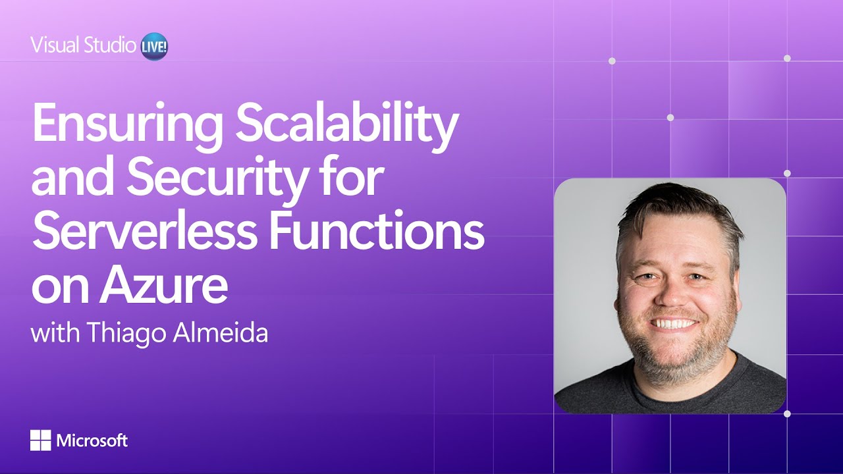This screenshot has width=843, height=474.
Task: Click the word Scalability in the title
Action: coord(346,126)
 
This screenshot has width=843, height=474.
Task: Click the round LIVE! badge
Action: coord(155,48)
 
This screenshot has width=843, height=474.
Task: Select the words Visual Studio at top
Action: coord(83,45)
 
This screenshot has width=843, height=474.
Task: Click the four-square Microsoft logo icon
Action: coord(40,440)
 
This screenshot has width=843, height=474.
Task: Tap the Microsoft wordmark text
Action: coord(92,440)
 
